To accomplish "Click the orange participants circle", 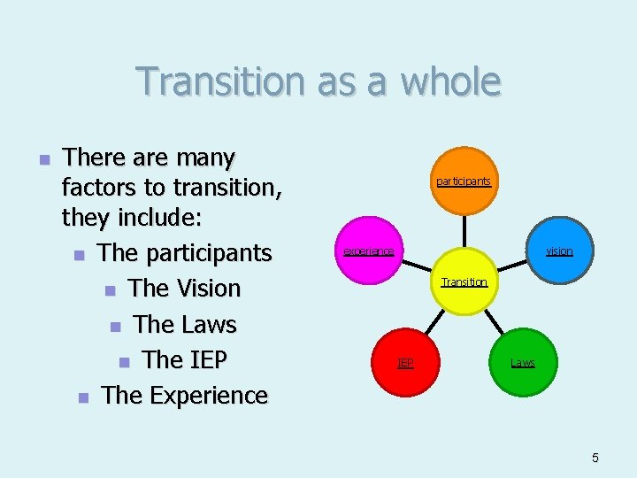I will (x=464, y=181).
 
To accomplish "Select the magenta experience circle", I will (x=368, y=251).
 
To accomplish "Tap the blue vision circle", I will (x=558, y=251).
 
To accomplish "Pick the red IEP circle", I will (x=404, y=362).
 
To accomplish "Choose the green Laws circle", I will (x=522, y=362).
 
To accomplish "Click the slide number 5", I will (x=595, y=458).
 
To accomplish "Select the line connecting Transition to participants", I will (x=464, y=232).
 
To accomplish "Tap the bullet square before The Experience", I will (x=83, y=397).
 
